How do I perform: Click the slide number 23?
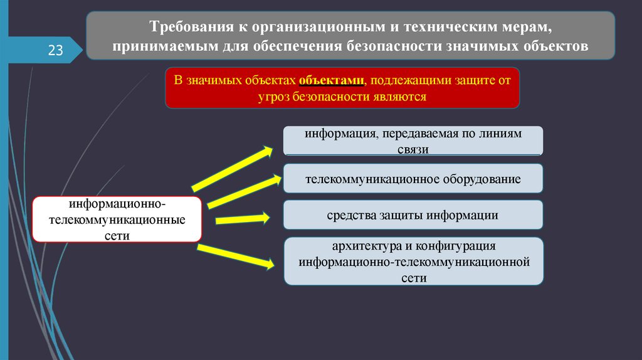(55, 51)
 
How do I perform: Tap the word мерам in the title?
(530, 28)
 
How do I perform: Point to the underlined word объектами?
(331, 81)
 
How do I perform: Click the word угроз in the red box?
(273, 97)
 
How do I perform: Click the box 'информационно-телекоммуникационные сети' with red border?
(117, 219)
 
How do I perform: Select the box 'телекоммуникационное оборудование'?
(413, 179)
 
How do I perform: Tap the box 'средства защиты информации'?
(413, 215)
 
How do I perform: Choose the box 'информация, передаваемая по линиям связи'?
(413, 140)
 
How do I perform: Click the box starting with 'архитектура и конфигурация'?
(413, 261)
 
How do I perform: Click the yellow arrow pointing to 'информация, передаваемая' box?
(232, 169)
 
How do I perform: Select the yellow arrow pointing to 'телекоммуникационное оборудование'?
(241, 191)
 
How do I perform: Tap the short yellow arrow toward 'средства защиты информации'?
(243, 219)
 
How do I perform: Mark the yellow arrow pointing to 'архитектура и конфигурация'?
(236, 256)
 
